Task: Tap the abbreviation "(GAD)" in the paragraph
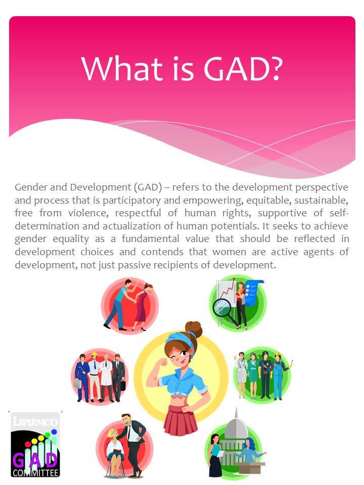145,187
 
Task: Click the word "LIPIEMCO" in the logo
35,421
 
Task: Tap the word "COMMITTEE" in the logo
35,473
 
